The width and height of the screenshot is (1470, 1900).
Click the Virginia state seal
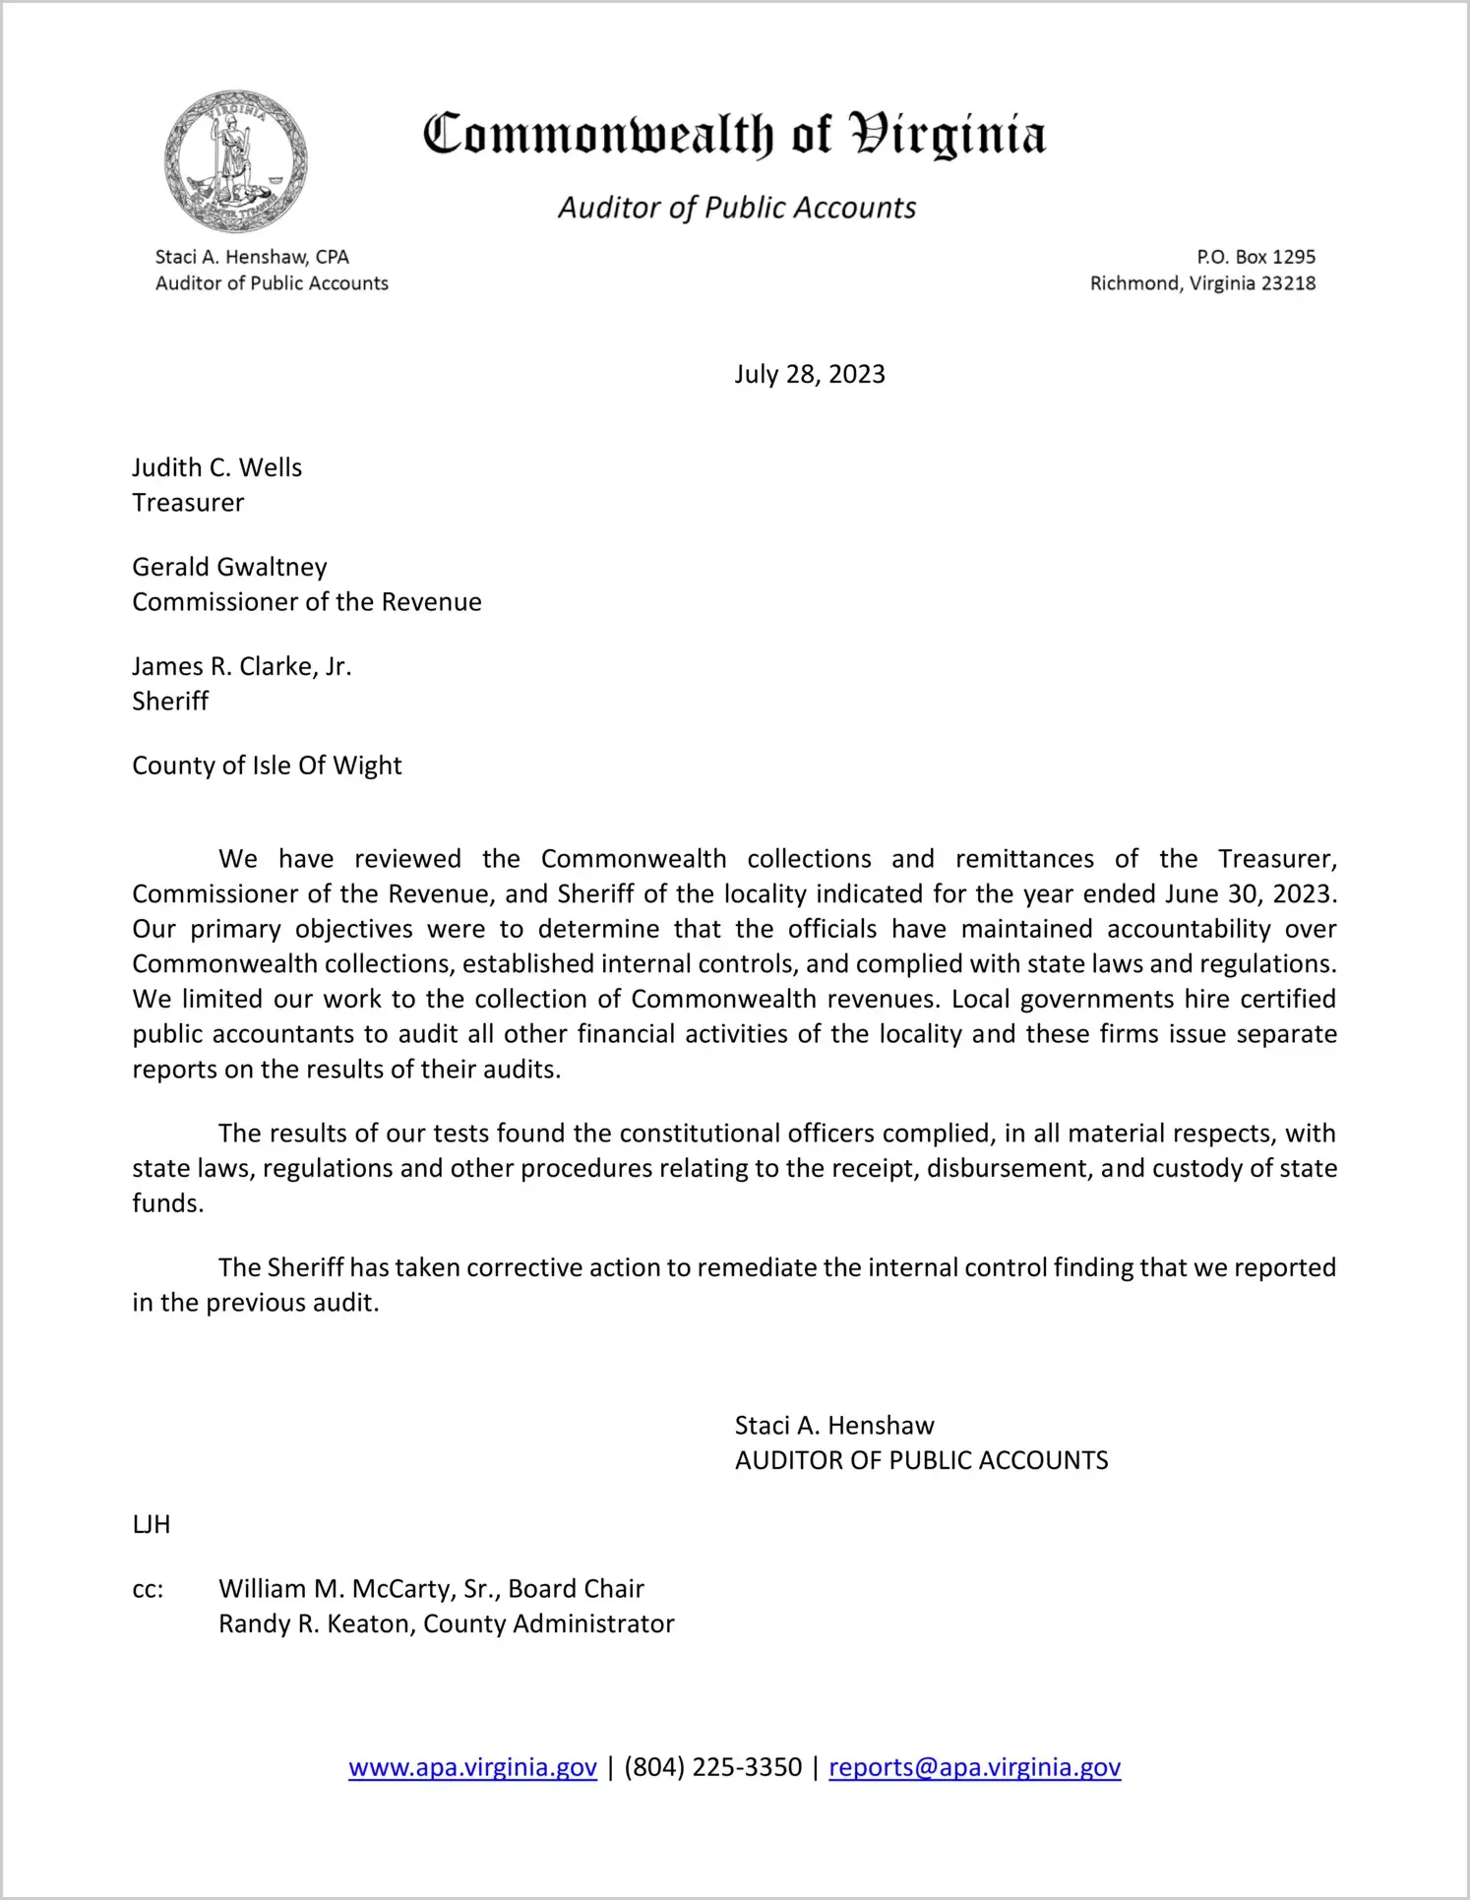pyautogui.click(x=235, y=160)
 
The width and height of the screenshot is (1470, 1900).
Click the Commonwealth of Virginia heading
pyautogui.click(x=734, y=136)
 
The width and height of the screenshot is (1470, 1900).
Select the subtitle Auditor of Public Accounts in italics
pyautogui.click(x=737, y=208)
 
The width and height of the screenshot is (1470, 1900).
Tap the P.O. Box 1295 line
pyautogui.click(x=1256, y=257)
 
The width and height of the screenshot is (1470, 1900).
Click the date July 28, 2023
pyautogui.click(x=809, y=374)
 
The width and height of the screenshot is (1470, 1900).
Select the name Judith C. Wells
pyautogui.click(x=217, y=467)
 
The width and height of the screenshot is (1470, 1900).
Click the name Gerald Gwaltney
pyautogui.click(x=229, y=567)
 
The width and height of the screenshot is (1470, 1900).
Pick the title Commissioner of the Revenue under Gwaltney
pyautogui.click(x=307, y=602)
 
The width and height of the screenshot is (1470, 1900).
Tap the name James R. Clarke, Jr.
pyautogui.click(x=242, y=666)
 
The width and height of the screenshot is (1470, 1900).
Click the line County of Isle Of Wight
pyautogui.click(x=267, y=766)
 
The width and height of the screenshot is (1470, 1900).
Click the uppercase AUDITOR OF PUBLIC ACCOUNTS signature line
pyautogui.click(x=921, y=1460)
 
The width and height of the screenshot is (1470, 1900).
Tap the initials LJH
pyautogui.click(x=152, y=1524)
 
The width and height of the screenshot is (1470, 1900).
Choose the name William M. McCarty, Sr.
pyautogui.click(x=359, y=1589)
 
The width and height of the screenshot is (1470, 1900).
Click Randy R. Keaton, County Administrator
pyautogui.click(x=446, y=1624)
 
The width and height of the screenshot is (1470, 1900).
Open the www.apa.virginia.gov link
pyautogui.click(x=472, y=1767)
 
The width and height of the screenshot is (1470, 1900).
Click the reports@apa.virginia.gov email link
pyautogui.click(x=974, y=1767)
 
